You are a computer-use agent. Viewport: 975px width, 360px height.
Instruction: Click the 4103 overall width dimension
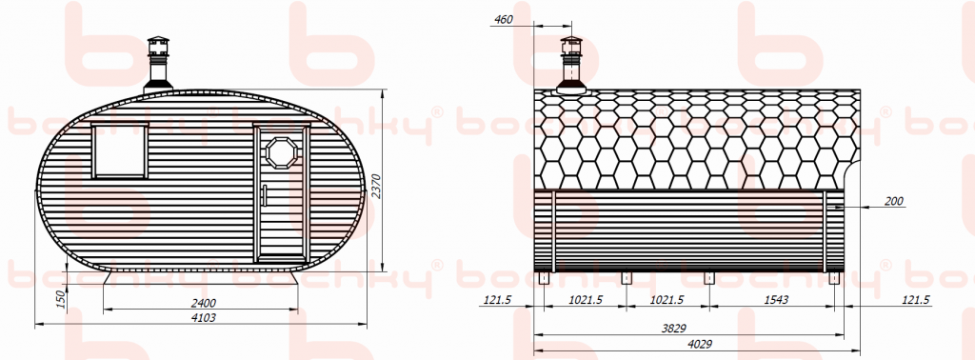pos(204,317)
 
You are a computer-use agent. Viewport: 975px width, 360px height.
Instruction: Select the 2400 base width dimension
pos(204,303)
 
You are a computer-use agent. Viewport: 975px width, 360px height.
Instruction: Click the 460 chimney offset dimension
pos(503,19)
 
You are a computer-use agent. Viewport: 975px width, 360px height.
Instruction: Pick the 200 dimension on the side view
pos(894,201)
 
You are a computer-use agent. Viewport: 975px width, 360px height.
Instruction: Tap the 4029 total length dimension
pos(701,344)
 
